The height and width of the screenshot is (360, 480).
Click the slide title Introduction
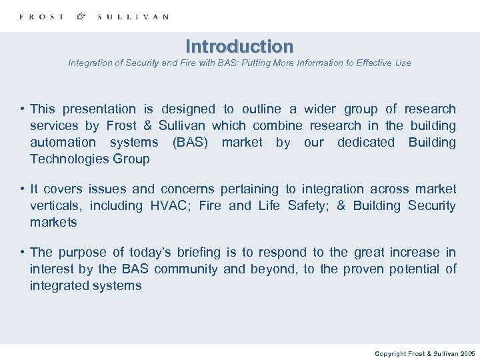click(239, 47)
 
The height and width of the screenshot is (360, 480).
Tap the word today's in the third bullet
click(150, 253)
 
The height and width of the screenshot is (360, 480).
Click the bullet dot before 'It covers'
click(22, 189)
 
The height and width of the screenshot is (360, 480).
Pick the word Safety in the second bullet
click(308, 206)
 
